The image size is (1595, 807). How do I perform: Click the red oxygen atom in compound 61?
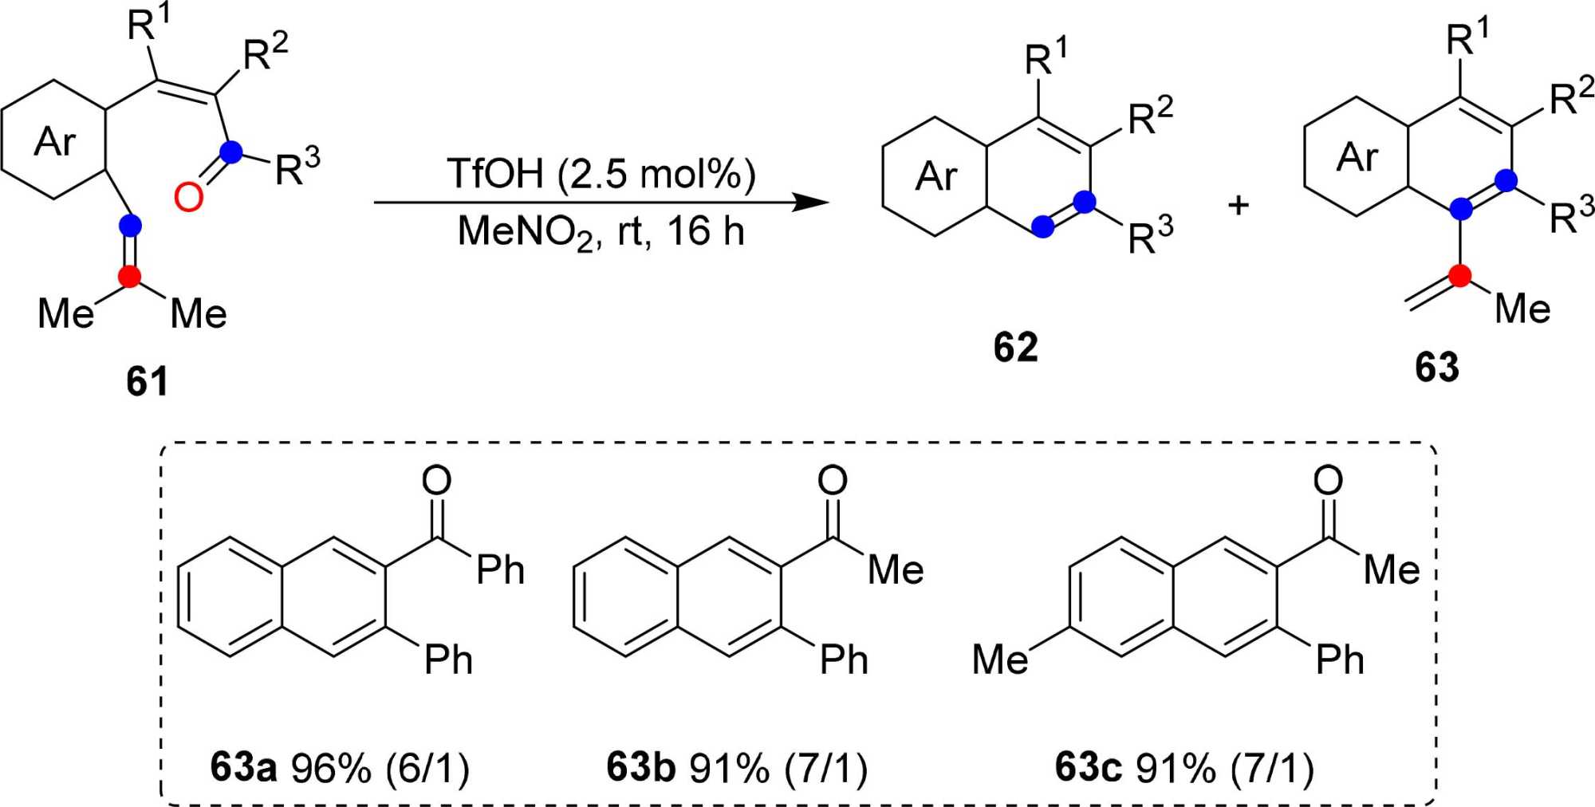click(x=188, y=197)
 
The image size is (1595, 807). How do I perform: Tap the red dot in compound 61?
click(x=129, y=277)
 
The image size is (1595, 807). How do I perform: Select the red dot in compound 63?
click(x=1460, y=276)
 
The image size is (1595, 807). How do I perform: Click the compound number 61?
click(x=148, y=381)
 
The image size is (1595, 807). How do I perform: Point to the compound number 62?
click(x=1015, y=347)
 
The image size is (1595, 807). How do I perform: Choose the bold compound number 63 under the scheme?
click(x=1436, y=367)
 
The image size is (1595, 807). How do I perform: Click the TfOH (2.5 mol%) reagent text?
click(x=601, y=173)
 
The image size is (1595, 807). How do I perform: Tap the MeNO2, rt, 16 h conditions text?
click(x=601, y=232)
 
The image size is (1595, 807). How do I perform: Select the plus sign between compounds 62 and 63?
click(x=1238, y=205)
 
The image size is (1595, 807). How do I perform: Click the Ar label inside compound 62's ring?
click(x=935, y=176)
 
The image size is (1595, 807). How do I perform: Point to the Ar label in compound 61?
click(x=54, y=142)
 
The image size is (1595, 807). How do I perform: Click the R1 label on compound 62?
click(x=1046, y=57)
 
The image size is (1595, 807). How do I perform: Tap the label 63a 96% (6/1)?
click(x=340, y=767)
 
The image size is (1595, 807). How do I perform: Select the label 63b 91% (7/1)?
click(x=736, y=767)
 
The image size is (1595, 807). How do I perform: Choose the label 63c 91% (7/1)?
click(x=1183, y=767)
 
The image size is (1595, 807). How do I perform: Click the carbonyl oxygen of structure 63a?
click(x=436, y=480)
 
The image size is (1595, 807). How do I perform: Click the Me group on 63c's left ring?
click(x=1000, y=659)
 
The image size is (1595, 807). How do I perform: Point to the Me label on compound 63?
click(x=1522, y=309)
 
